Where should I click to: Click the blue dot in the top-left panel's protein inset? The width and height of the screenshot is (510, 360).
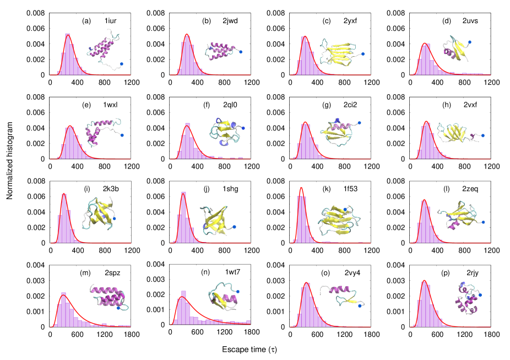[x=122, y=64]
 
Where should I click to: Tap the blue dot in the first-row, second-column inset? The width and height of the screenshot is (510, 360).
[x=241, y=52]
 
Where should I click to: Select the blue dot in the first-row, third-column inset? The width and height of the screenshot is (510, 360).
[x=363, y=54]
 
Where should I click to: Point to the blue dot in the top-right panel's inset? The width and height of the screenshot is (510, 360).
[x=470, y=42]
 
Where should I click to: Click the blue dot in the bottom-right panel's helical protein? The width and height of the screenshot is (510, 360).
[x=480, y=295]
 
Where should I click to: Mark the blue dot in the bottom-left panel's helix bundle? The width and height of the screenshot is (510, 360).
[x=118, y=308]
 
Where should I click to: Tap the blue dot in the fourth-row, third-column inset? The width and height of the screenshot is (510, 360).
[x=360, y=306]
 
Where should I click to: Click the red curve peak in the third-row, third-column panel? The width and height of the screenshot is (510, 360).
[x=301, y=188]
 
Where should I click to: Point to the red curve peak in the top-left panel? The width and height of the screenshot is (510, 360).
[x=68, y=36]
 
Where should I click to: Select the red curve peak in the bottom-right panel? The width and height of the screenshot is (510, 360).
[x=424, y=281]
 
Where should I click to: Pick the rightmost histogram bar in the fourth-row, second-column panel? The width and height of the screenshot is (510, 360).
[x=248, y=322]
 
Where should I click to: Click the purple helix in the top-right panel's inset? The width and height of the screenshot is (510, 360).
[x=450, y=53]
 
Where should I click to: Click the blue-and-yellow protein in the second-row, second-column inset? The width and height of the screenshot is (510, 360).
[x=225, y=132]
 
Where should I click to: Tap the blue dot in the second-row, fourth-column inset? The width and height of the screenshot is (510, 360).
[x=483, y=135]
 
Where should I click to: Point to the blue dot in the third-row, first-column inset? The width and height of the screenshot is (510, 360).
[x=114, y=219]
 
